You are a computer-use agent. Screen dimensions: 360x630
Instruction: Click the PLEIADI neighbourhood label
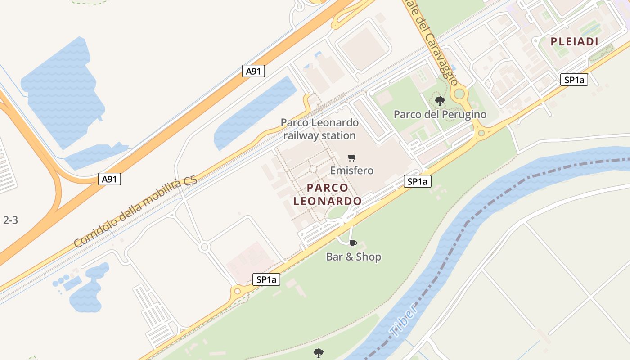pyautogui.click(x=575, y=42)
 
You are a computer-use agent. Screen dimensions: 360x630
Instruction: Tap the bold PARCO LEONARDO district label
pyautogui.click(x=327, y=194)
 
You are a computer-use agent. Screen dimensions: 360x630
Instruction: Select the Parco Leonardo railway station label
pyautogui.click(x=319, y=129)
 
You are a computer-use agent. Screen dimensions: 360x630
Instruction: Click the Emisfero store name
pyautogui.click(x=352, y=171)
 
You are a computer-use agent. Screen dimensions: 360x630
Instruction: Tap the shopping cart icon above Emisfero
pyautogui.click(x=352, y=157)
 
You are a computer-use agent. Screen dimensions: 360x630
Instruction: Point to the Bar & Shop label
pyautogui.click(x=353, y=257)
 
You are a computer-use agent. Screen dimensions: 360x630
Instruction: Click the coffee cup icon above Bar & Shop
pyautogui.click(x=353, y=243)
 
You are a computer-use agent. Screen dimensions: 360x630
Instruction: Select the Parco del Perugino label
pyautogui.click(x=440, y=114)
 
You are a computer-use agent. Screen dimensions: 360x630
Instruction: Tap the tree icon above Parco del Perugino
pyautogui.click(x=440, y=101)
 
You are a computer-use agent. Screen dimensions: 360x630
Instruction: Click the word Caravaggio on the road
pyautogui.click(x=441, y=58)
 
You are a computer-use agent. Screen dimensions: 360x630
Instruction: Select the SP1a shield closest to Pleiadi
pyautogui.click(x=574, y=80)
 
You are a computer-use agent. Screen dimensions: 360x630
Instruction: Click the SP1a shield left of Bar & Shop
pyautogui.click(x=266, y=279)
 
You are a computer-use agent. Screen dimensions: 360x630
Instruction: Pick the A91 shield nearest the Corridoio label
pyautogui.click(x=109, y=179)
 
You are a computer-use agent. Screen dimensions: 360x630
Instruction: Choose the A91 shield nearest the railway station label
pyautogui.click(x=253, y=71)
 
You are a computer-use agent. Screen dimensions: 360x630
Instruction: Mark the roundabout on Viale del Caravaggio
pyautogui.click(x=459, y=94)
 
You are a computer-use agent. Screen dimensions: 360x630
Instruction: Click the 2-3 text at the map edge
pyautogui.click(x=10, y=220)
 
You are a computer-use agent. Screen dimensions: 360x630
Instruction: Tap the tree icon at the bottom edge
pyautogui.click(x=319, y=352)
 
